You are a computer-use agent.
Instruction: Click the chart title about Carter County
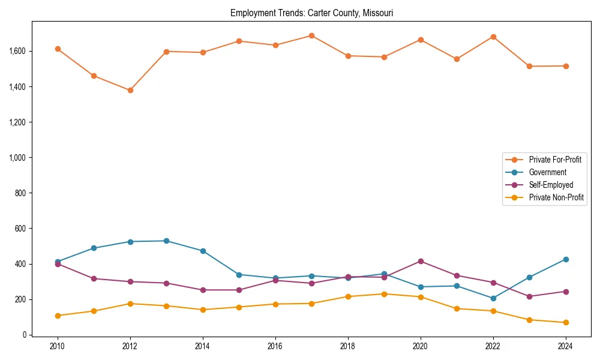pos(311,13)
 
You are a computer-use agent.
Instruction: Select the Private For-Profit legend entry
pos(554,160)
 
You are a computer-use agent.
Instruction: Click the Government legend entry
pos(547,172)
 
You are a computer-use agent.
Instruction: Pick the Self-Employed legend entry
pos(551,185)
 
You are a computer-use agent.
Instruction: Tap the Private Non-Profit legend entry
pos(556,197)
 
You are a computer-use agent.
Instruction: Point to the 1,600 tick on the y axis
pos(17,52)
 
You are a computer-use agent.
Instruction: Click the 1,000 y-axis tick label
pos(17,158)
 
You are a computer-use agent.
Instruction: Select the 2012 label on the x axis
pos(130,347)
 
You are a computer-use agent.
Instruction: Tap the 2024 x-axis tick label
pos(565,347)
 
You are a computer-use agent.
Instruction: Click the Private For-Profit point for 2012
pos(130,90)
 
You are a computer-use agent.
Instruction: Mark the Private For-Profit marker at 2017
pos(311,35)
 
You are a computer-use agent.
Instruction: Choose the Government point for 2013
pos(166,241)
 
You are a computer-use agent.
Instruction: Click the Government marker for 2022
pos(493,298)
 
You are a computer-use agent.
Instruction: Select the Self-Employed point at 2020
pos(421,261)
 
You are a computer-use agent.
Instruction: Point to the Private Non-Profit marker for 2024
pos(565,322)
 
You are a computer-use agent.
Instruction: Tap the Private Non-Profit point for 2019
pos(384,294)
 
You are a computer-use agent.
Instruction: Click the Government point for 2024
pos(565,259)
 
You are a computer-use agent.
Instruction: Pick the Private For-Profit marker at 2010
pos(58,49)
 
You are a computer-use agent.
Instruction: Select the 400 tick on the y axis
pos(22,264)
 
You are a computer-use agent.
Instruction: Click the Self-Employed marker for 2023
pos(529,296)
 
